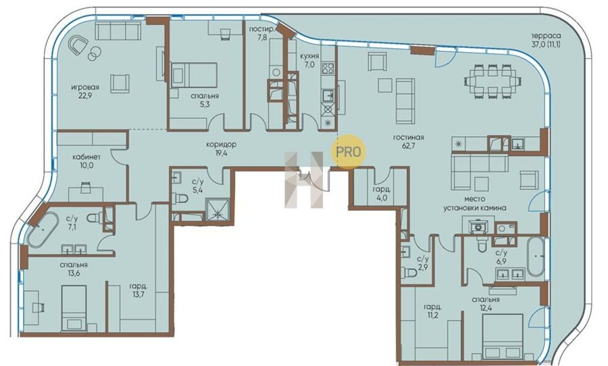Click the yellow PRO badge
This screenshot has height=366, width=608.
348,151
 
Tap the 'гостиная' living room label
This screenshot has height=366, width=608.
408,137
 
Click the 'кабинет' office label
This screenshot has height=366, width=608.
86,157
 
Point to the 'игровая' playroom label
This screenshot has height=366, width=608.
85,87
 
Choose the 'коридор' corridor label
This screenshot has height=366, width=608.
221,145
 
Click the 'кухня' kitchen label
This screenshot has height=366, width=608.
309,56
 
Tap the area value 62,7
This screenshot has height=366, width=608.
408,146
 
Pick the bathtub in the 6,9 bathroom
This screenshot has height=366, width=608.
536,257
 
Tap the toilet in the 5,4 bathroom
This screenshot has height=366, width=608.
180,199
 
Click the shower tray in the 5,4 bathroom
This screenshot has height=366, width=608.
218,210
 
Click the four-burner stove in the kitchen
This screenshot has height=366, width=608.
328,69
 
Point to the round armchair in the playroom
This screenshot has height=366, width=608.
79,45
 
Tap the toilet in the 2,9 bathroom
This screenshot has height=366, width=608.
409,273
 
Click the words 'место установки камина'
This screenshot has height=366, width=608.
475,203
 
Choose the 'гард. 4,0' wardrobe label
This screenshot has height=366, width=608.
381,193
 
